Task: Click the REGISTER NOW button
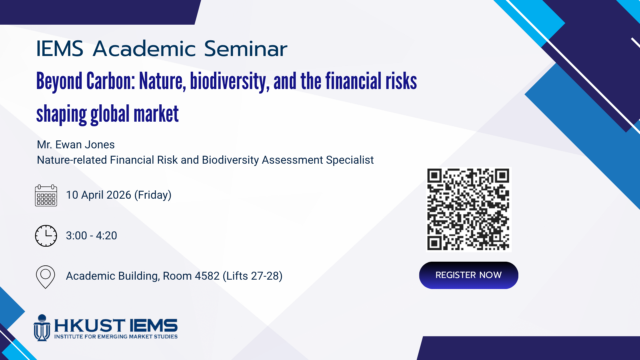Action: (468, 275)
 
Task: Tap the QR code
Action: (468, 209)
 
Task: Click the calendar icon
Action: (46, 195)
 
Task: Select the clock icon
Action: (46, 236)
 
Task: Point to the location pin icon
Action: (45, 277)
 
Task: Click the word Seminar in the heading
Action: (246, 49)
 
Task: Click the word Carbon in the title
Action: (110, 81)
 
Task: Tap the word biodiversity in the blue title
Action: (230, 81)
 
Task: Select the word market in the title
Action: (156, 114)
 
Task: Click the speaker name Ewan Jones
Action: (85, 145)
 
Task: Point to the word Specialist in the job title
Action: (350, 160)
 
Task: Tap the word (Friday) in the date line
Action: (153, 195)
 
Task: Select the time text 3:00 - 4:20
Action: (91, 236)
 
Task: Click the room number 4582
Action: (207, 276)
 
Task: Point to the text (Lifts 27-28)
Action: (252, 276)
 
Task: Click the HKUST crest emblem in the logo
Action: (42, 328)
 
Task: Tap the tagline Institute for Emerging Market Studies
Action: (116, 337)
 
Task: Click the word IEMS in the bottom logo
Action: (154, 326)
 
